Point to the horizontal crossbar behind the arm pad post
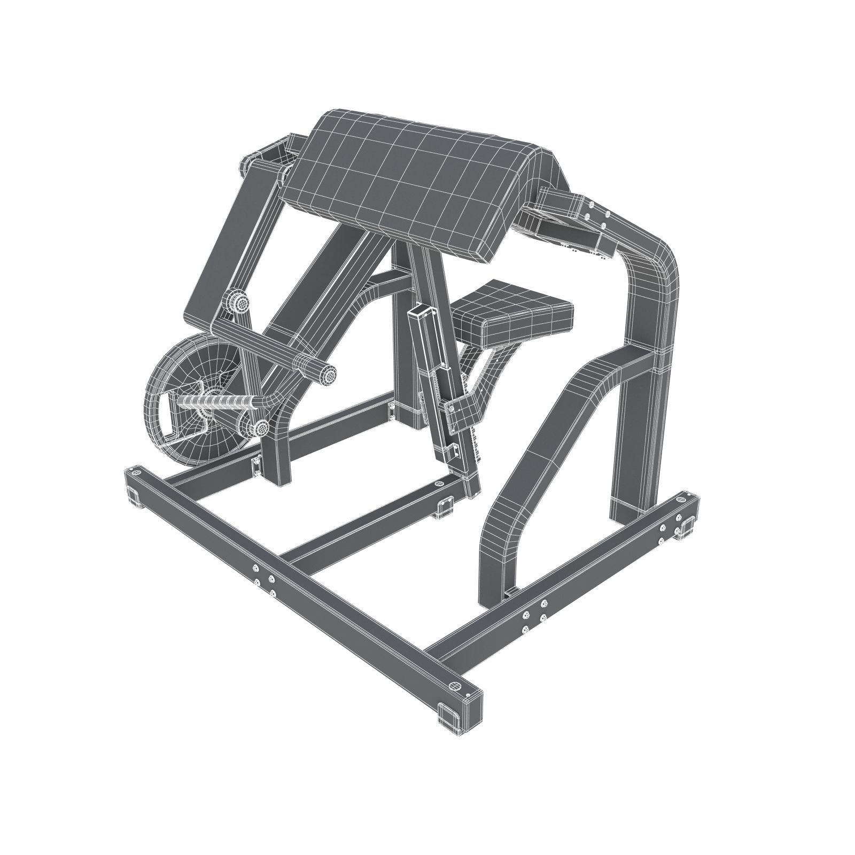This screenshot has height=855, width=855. tap(385, 281)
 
